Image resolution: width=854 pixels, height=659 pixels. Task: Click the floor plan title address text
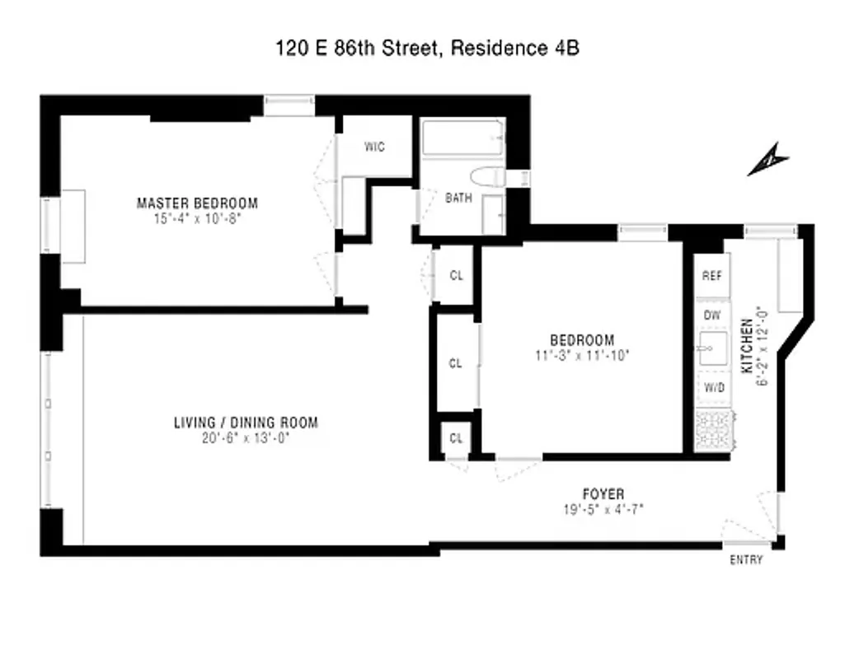(427, 49)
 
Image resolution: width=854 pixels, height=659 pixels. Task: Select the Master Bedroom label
(197, 203)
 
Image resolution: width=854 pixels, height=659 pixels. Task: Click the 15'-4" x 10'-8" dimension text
(197, 218)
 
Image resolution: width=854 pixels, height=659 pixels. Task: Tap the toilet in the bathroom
(487, 177)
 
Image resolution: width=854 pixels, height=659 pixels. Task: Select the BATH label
(458, 198)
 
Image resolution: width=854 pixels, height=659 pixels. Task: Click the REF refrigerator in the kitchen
(711, 276)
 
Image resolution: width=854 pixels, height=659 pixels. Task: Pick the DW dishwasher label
(711, 314)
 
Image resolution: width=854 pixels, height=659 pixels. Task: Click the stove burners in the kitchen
(711, 430)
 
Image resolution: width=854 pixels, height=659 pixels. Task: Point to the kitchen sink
(710, 350)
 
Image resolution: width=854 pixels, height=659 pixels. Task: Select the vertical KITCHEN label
(747, 345)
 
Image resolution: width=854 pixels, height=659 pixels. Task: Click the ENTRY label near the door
(745, 560)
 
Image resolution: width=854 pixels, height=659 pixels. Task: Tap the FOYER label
(603, 494)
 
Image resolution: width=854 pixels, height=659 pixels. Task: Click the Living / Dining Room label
(245, 423)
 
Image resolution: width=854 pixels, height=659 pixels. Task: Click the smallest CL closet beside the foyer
(456, 437)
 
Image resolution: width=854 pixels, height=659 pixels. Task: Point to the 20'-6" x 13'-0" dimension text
(245, 438)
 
